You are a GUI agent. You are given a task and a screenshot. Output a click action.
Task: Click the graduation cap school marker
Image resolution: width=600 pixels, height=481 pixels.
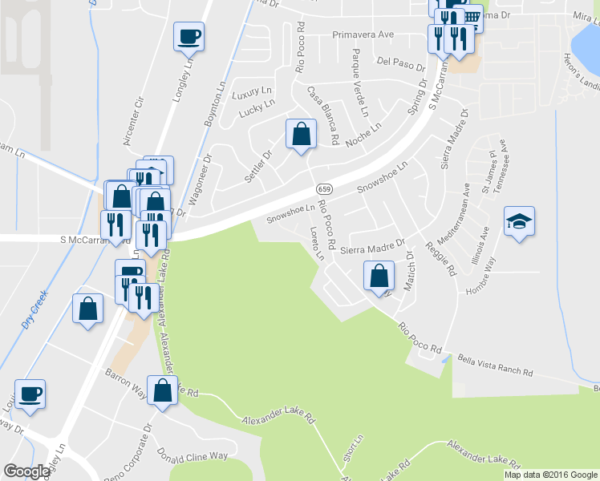[x=519, y=221]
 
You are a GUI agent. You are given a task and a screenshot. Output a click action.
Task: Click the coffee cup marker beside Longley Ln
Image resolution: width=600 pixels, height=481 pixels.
[x=189, y=36]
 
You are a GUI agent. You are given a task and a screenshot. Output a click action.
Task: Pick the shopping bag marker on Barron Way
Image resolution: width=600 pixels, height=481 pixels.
[x=162, y=390]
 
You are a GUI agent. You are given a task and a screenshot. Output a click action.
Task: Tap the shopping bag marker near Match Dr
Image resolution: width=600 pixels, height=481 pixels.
[x=379, y=276]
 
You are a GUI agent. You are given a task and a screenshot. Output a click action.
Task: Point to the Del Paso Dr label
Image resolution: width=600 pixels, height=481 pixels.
[x=393, y=61]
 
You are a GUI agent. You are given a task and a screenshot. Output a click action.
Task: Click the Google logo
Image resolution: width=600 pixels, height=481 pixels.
[x=26, y=471]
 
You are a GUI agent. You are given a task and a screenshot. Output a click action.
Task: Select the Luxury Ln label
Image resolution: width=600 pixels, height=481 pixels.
[x=247, y=94]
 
